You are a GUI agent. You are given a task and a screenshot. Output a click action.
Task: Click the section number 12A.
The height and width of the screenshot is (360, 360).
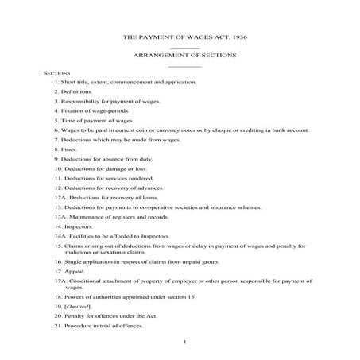click(60, 195)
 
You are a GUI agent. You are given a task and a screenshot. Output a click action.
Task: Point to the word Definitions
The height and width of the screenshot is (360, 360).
click(76, 93)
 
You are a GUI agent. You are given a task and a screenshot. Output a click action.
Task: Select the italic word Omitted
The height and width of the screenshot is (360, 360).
click(77, 304)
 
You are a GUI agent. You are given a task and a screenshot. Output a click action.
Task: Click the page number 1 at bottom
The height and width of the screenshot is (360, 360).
click(184, 342)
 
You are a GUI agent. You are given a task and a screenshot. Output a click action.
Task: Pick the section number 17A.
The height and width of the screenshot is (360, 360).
click(60, 281)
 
